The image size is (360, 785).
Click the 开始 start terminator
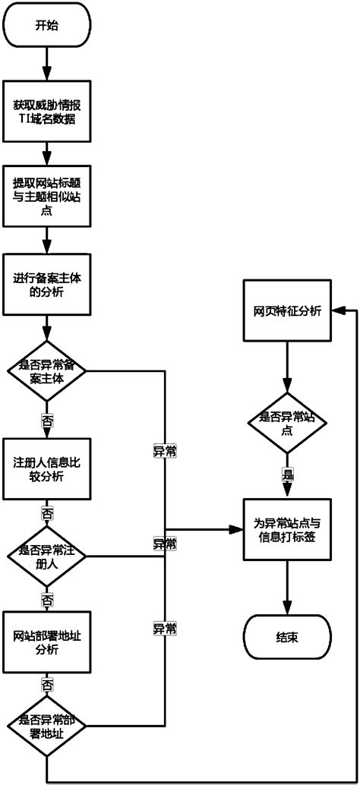pos(47,25)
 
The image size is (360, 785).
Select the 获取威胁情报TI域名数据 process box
pos(47,112)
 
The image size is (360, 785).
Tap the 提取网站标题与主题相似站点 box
pos(47,195)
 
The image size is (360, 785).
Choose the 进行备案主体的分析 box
pos(47,285)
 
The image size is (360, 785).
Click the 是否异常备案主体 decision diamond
pos(47,370)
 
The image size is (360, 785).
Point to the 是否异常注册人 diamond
pos(47,556)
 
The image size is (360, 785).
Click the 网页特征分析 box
pos(286,311)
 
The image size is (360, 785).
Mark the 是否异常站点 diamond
pos(286,422)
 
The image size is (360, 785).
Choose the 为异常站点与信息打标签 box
pos(286,530)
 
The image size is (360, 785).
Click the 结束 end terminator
pos(286,636)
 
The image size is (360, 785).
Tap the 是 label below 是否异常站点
pos(286,474)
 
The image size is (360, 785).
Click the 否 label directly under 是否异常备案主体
pos(47,418)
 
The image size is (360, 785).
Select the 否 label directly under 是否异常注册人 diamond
pos(47,600)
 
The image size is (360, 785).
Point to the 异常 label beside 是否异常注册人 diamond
pos(165,544)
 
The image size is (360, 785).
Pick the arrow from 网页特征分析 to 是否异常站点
pos(286,367)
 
